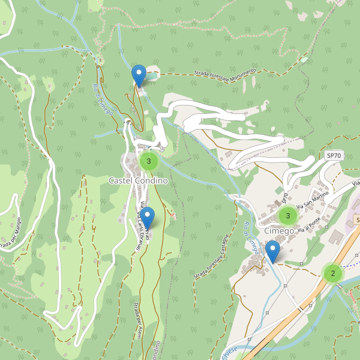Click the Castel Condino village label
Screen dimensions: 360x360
(137, 180)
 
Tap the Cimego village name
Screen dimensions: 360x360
(279, 231)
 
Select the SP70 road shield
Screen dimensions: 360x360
(334, 155)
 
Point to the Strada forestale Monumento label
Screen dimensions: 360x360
(225, 73)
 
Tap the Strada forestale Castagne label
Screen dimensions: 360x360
(212, 256)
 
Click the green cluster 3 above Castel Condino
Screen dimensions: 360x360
(148, 161)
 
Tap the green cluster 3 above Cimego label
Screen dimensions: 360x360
(288, 215)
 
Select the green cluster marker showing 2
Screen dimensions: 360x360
(332, 274)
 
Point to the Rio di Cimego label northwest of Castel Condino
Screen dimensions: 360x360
(102, 98)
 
